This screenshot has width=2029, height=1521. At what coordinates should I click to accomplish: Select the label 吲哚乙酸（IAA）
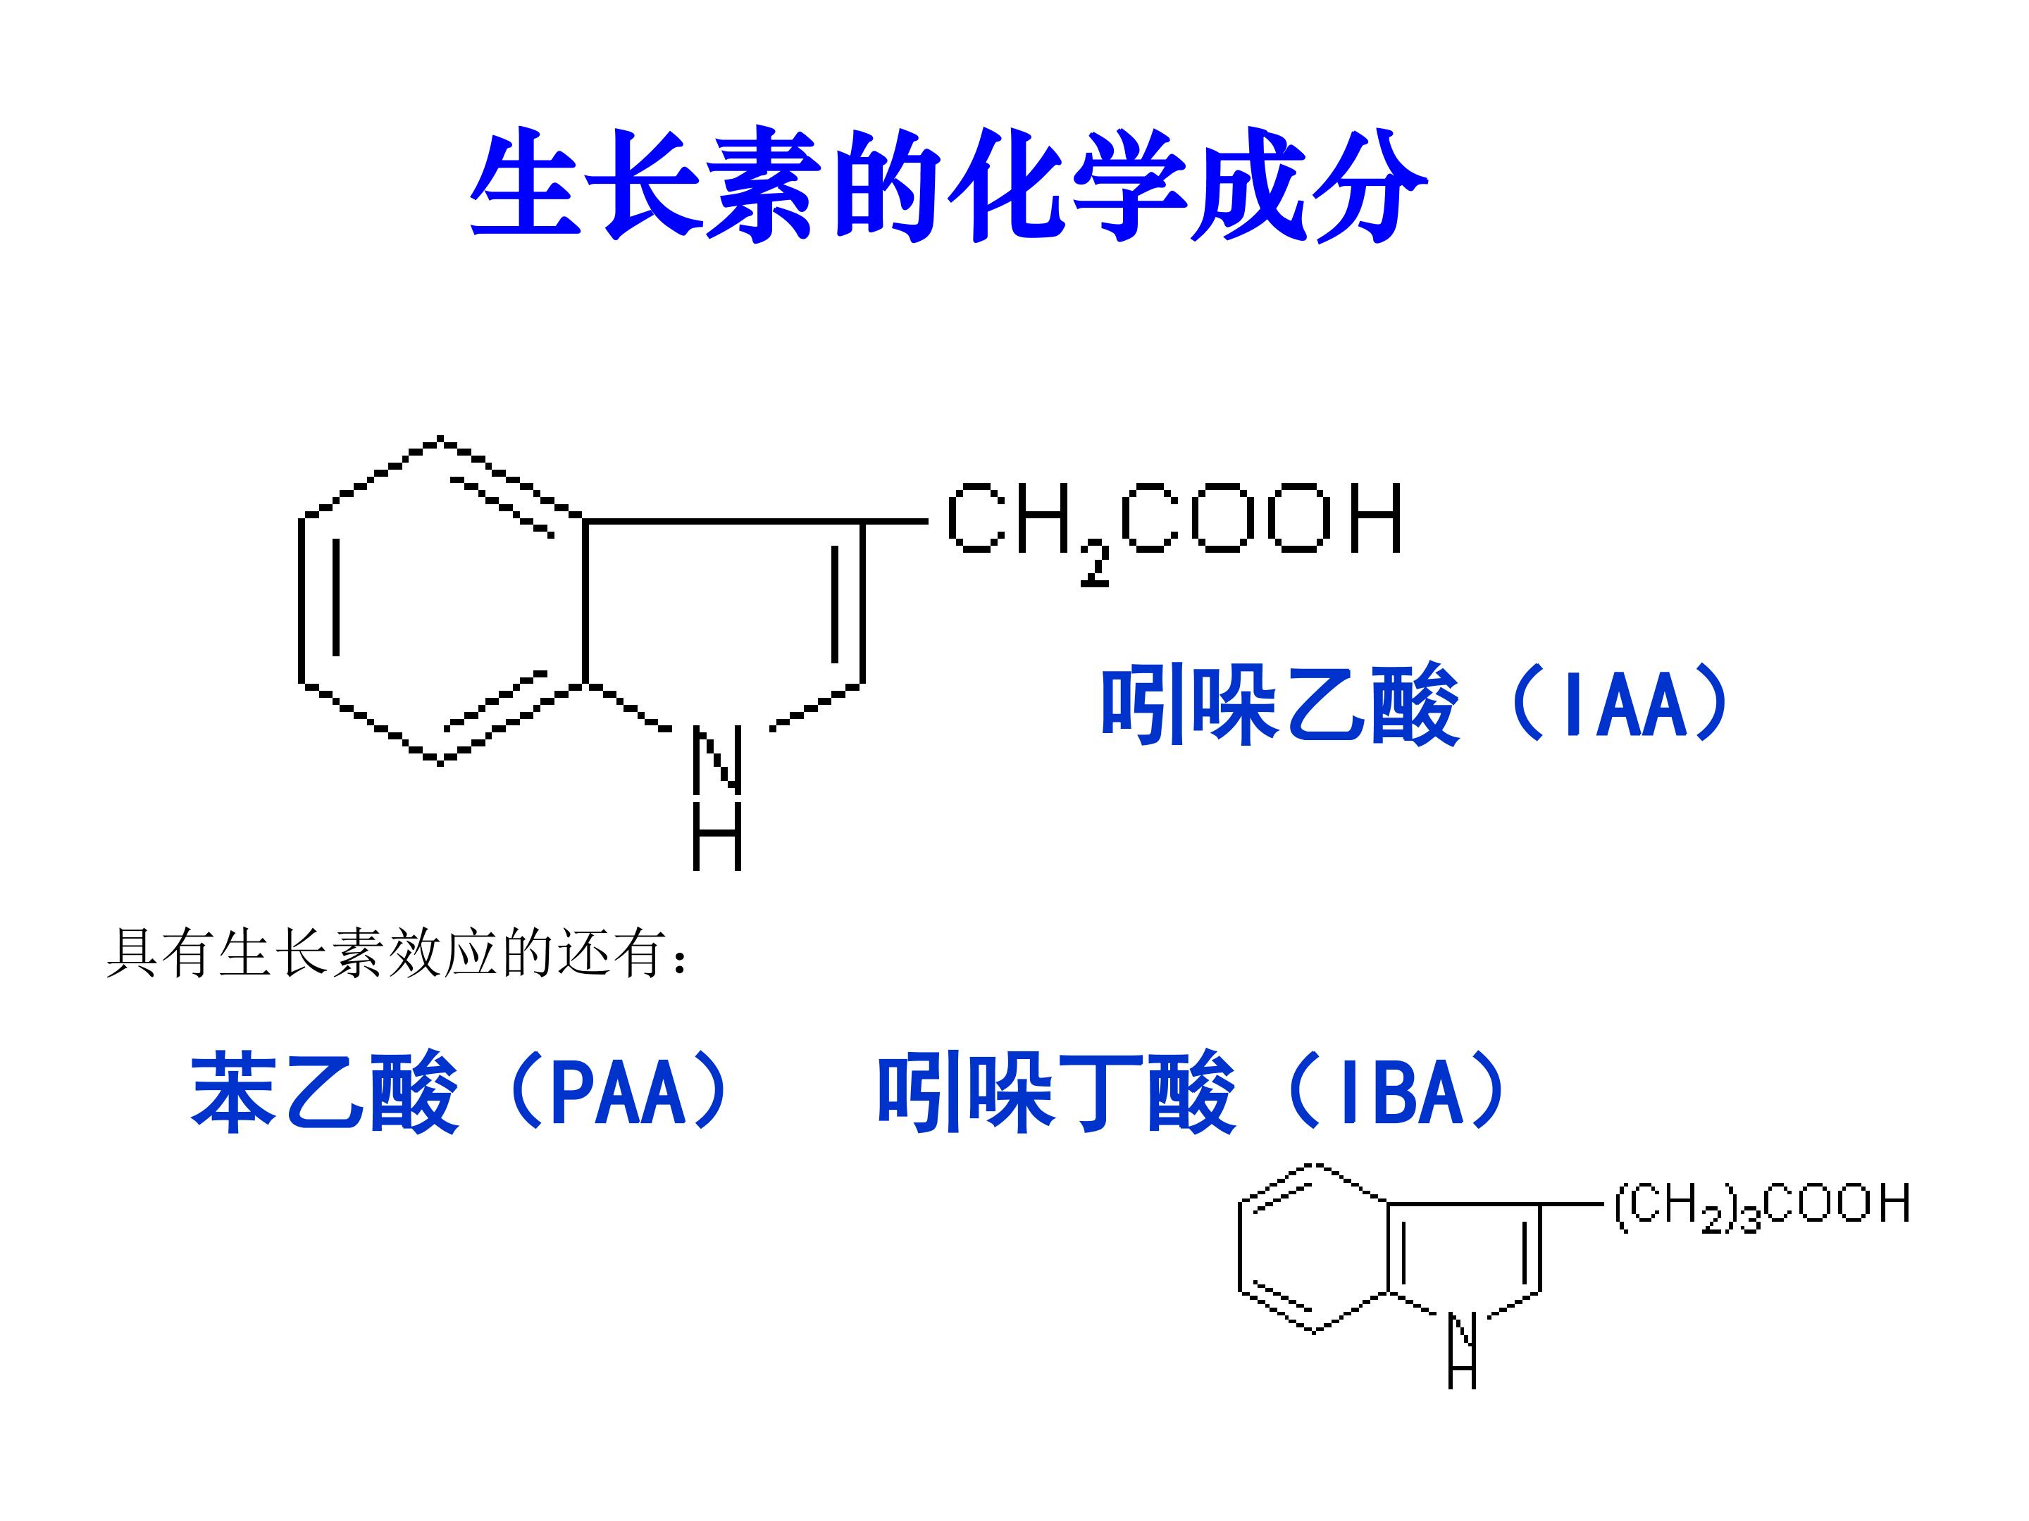[x=1413, y=704]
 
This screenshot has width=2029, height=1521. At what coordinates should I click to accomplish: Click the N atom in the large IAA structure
[x=716, y=759]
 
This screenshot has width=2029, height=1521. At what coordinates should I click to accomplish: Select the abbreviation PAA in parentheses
[x=619, y=1093]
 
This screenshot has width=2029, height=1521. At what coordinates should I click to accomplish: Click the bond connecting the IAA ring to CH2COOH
[x=894, y=522]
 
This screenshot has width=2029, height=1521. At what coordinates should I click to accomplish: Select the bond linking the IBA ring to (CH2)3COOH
[x=1571, y=1204]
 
